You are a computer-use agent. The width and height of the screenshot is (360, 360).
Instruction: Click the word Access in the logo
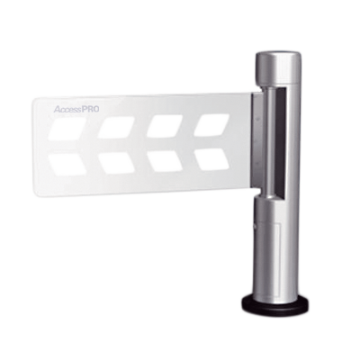click(67, 109)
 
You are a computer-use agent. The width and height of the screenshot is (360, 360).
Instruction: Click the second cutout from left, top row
click(116, 127)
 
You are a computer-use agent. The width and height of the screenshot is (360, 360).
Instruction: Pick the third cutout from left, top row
click(165, 126)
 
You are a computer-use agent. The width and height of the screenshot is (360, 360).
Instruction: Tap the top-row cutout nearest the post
click(212, 125)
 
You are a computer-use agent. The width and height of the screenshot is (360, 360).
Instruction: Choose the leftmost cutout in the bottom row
click(68, 165)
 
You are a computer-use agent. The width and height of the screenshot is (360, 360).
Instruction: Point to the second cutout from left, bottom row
click(116, 163)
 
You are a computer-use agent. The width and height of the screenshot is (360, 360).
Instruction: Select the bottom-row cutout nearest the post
click(211, 159)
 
